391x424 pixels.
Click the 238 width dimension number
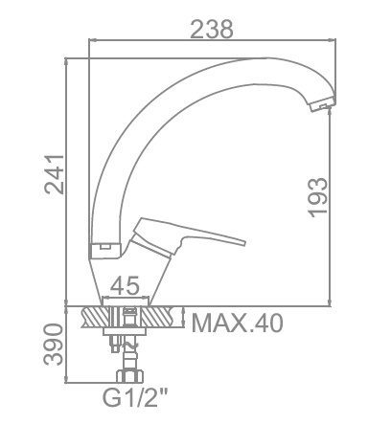[x=212, y=29]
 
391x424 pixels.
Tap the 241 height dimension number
[x=55, y=174]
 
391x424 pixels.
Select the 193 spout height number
[x=318, y=197]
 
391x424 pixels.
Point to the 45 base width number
[x=125, y=285]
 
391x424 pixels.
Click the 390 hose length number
[x=54, y=344]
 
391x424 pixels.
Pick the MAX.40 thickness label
[x=237, y=323]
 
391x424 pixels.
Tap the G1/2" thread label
[x=135, y=396]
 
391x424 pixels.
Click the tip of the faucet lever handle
[x=244, y=242]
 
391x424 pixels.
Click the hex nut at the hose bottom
[x=129, y=376]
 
